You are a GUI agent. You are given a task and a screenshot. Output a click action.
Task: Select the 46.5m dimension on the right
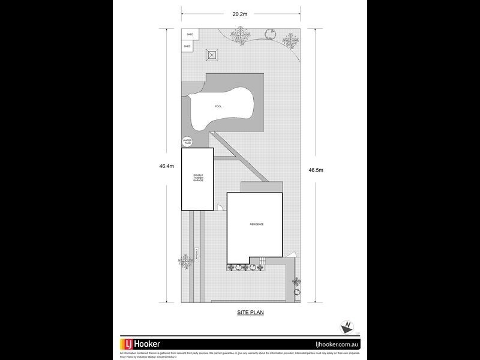click(316, 170)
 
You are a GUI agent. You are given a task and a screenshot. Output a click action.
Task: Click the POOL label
click(218, 106)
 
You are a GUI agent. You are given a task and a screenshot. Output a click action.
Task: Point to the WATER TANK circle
click(187, 142)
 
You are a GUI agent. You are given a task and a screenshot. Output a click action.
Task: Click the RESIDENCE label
click(256, 224)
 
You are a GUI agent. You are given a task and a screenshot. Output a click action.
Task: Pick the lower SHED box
click(187, 46)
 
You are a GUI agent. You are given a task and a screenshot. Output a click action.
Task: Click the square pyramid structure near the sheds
click(211, 55)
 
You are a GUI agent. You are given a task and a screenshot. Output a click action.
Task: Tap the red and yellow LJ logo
click(127, 344)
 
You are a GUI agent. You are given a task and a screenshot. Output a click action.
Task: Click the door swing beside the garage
click(220, 208)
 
